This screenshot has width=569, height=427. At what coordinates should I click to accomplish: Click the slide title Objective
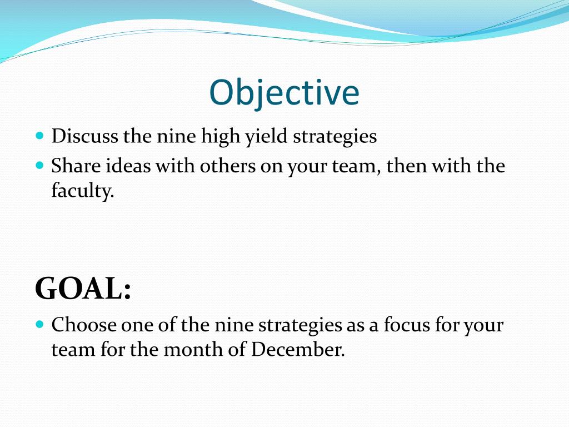[x=284, y=93]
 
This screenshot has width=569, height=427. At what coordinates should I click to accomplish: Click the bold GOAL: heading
[x=83, y=289]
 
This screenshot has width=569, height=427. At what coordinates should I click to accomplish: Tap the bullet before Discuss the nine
[x=39, y=136]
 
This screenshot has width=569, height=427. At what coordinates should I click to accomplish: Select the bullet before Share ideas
[x=39, y=165]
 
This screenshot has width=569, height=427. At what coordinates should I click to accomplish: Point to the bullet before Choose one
[x=39, y=324]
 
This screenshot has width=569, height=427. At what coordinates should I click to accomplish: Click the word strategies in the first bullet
[x=335, y=137]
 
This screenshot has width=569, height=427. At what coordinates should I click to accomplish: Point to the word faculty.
[x=82, y=192]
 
